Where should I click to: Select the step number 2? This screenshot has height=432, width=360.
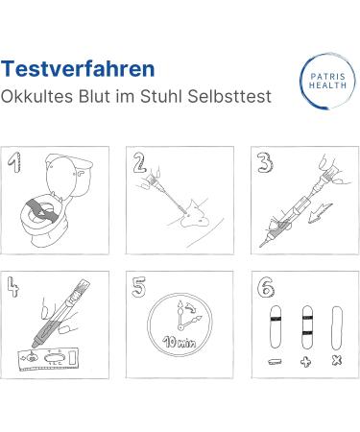[x=139, y=162]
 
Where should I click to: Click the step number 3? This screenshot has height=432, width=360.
[x=261, y=160]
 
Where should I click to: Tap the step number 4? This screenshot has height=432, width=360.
[x=15, y=285]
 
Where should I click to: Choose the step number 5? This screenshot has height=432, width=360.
[x=139, y=285]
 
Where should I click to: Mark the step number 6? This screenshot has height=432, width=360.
[x=262, y=285]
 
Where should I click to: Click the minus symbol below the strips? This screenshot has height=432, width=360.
[x=275, y=361]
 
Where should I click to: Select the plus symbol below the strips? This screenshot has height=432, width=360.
[x=307, y=361]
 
